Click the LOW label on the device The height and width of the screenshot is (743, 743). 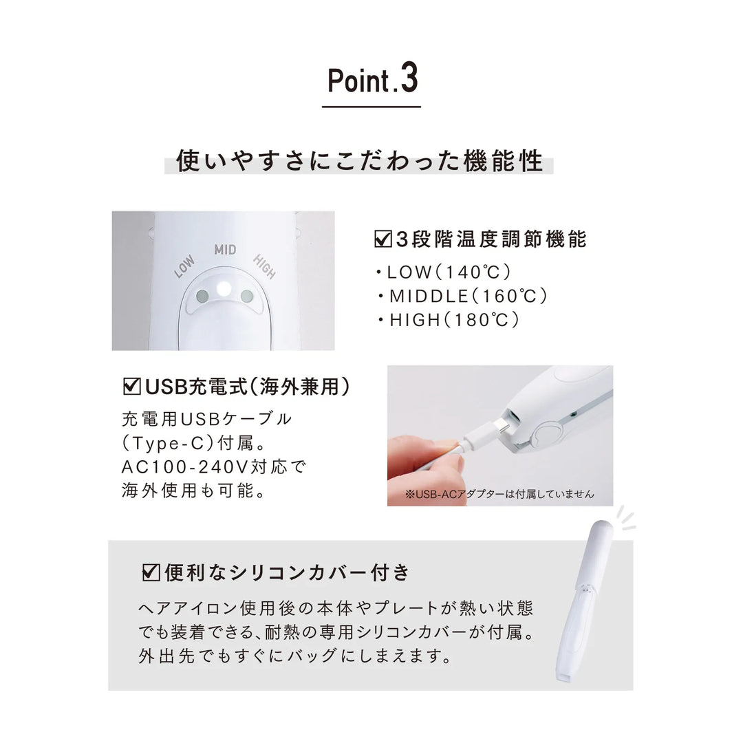184,266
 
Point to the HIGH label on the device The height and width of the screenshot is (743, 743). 264,266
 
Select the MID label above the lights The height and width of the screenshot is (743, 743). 225,249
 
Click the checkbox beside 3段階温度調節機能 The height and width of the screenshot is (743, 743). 382,239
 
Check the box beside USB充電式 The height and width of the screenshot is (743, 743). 131,387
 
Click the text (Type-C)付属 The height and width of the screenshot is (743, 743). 179,443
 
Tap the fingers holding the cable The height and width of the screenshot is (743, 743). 427,461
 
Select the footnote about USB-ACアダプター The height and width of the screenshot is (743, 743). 499,494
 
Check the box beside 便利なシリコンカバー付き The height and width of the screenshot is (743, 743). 150,572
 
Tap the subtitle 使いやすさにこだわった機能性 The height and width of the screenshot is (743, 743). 360,161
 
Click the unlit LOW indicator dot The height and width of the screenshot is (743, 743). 202,297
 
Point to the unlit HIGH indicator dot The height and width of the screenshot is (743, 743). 247,297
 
